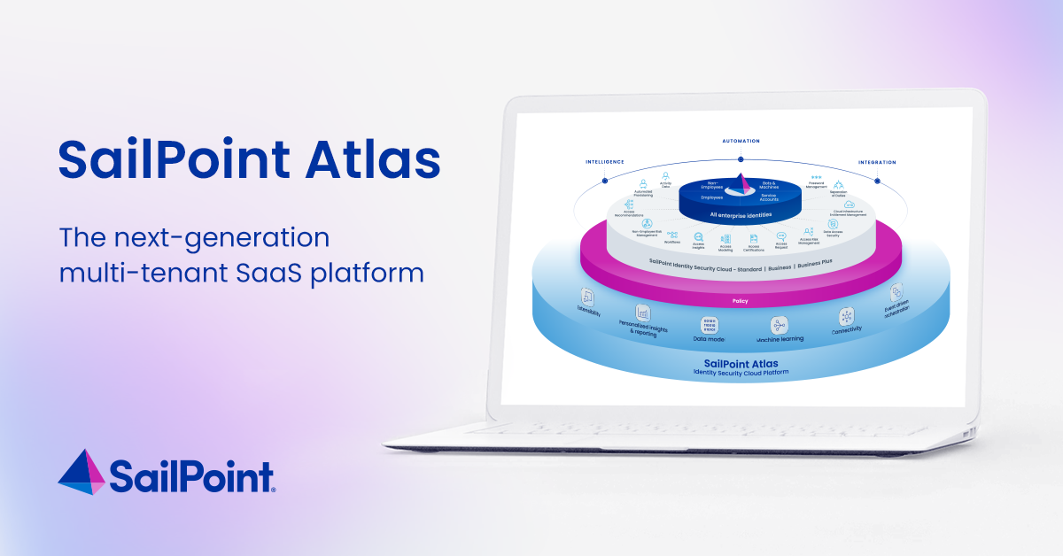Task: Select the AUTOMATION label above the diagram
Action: pos(741,141)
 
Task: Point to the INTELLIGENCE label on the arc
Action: pos(605,162)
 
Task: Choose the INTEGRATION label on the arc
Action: pos(876,162)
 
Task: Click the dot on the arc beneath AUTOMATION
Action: pos(741,159)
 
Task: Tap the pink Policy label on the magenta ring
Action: pos(741,301)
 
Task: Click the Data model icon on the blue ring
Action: pos(709,324)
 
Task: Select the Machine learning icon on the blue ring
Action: pos(780,325)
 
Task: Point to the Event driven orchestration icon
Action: pos(896,292)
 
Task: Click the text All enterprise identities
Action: pos(740,215)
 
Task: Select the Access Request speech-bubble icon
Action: pos(780,237)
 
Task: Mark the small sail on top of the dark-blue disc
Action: pos(740,183)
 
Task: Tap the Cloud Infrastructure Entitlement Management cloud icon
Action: pos(848,205)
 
